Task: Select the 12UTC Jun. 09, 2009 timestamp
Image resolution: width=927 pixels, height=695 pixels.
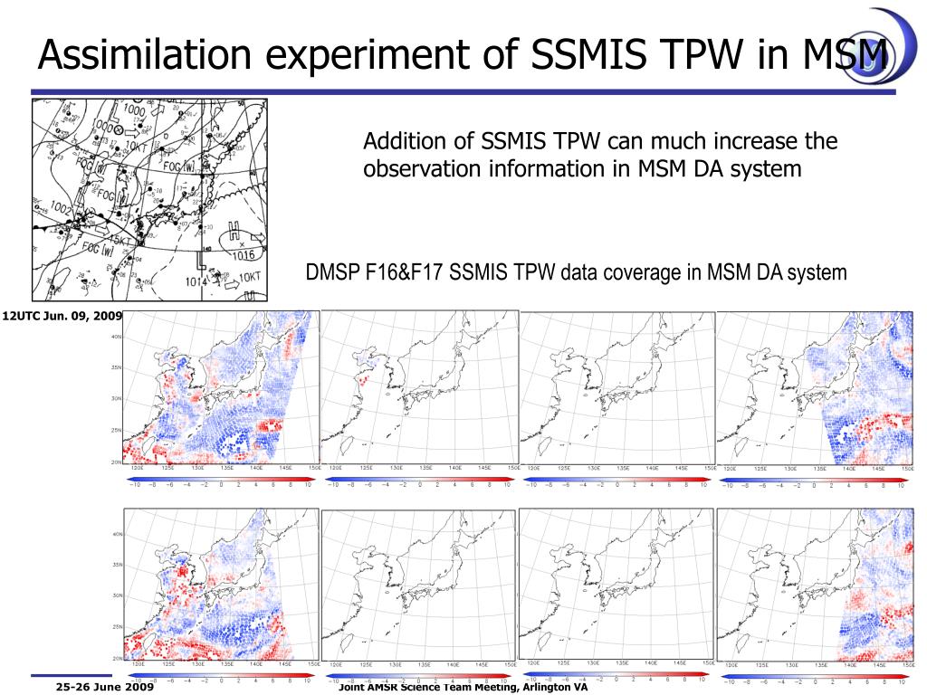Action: coord(61,317)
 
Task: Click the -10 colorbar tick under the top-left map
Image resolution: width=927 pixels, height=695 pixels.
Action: coord(134,485)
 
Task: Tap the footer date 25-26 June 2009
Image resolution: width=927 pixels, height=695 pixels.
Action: coord(104,688)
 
